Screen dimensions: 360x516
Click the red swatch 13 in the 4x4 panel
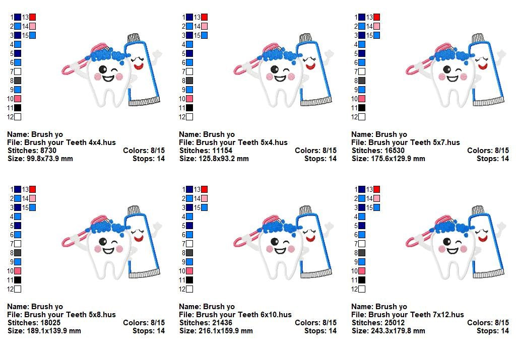click(x=32, y=18)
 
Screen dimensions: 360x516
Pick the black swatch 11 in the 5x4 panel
click(x=189, y=108)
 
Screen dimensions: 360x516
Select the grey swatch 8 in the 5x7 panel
click(x=361, y=81)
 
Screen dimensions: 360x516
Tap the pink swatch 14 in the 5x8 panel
click(x=32, y=198)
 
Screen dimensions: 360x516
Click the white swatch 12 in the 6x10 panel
click(x=189, y=289)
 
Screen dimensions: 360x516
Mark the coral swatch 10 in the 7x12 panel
click(x=361, y=271)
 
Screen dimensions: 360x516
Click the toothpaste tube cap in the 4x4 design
click(x=133, y=38)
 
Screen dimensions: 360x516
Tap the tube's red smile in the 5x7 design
click(x=483, y=66)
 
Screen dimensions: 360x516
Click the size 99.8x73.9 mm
click(x=50, y=159)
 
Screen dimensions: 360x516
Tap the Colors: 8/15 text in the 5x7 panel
click(x=488, y=151)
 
